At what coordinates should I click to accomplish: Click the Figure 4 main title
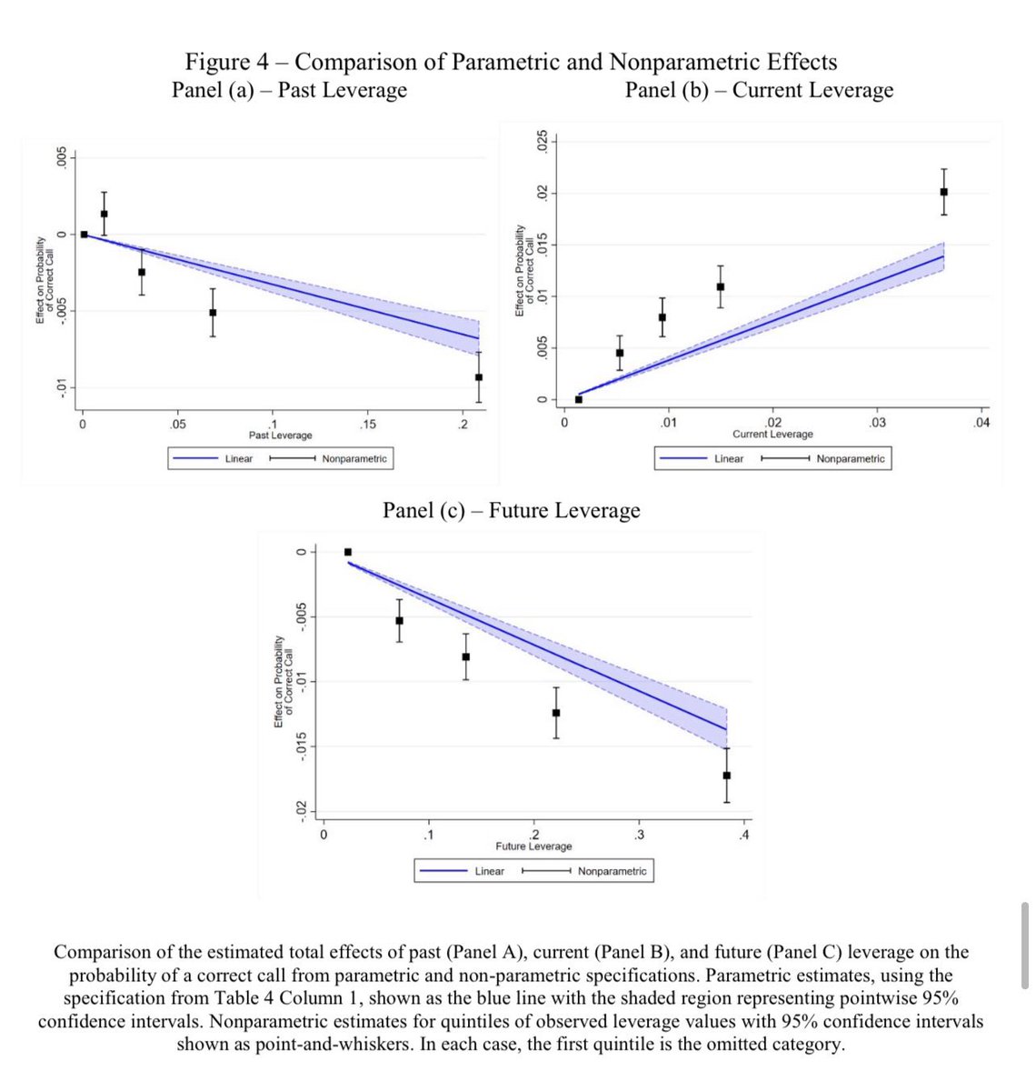point(511,62)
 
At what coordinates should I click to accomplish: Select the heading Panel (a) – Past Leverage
point(289,90)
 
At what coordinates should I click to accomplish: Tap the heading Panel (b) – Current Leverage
point(759,90)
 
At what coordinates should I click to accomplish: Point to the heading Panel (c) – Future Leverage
point(511,510)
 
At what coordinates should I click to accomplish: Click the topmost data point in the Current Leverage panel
point(943,192)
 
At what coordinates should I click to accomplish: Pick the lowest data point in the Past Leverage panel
point(479,377)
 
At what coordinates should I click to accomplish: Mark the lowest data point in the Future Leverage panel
point(726,776)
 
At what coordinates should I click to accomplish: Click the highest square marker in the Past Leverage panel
point(104,214)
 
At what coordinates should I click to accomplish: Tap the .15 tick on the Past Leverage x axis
point(367,424)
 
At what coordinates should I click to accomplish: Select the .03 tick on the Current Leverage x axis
point(877,423)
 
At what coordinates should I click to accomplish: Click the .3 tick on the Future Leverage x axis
point(639,835)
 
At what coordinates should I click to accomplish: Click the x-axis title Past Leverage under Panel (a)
point(280,435)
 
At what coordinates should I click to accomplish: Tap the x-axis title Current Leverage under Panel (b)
point(772,435)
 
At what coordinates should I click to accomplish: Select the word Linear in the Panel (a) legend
point(239,459)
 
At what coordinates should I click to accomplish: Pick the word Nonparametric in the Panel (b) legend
point(850,459)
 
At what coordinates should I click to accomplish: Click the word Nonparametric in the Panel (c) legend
point(612,871)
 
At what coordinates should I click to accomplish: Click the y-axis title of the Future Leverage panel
point(283,681)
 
